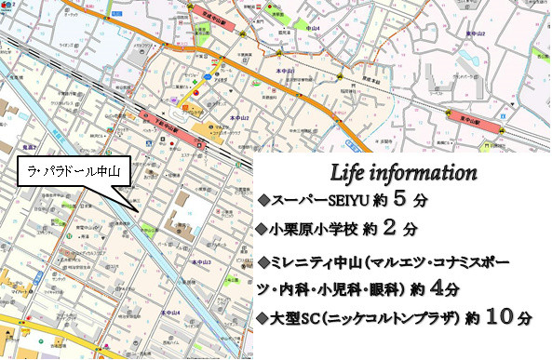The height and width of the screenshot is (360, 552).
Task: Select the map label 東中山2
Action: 477,34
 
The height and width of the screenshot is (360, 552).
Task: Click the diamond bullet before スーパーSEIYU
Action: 263,200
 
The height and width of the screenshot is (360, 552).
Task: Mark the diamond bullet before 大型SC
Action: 263,319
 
